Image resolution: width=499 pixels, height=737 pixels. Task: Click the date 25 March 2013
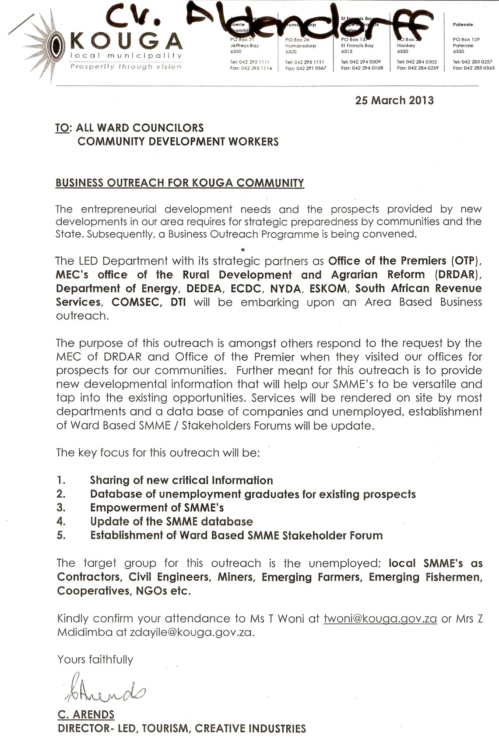point(394,100)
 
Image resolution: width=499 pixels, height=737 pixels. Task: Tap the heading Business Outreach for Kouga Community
point(179,183)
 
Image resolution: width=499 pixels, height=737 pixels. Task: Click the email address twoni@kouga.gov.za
point(380,618)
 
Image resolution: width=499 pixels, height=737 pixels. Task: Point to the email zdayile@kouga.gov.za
point(191,632)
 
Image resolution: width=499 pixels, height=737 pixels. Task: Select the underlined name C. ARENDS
point(86,715)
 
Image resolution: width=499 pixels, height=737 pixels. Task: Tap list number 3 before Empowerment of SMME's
point(61,508)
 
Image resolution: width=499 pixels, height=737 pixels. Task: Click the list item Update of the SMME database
point(171,521)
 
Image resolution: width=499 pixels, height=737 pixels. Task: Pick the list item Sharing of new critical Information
point(181,480)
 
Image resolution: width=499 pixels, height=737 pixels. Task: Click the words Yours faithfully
point(95,659)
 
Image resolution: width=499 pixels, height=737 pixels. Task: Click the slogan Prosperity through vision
point(126,67)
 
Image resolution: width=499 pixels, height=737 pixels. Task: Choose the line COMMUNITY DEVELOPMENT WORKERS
point(178,142)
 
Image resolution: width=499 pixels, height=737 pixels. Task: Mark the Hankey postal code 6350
point(402,51)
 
